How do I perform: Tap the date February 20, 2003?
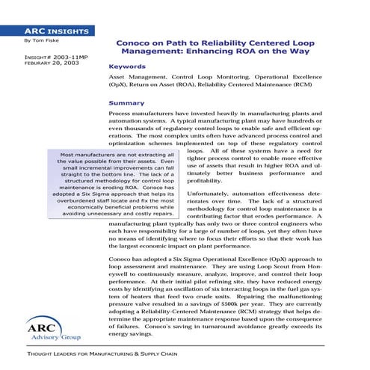point(36,64)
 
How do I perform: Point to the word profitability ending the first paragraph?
point(205,160)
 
